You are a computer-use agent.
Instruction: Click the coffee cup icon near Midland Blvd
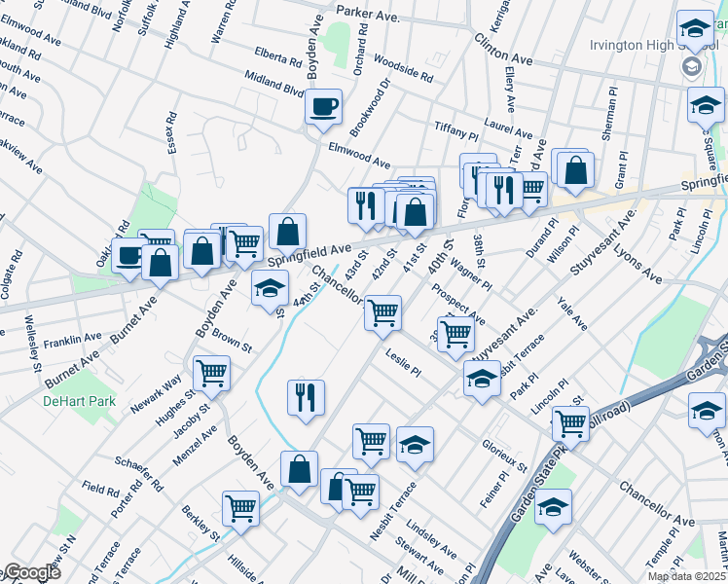pos(324,106)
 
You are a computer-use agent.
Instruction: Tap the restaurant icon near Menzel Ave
pos(306,397)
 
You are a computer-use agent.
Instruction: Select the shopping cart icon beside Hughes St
pos(211,373)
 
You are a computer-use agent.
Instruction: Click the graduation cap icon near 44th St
pos(271,288)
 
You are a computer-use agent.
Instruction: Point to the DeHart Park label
pos(79,401)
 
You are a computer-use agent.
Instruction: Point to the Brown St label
pos(232,341)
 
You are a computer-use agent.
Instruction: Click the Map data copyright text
pos(686,576)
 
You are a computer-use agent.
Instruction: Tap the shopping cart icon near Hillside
pos(240,507)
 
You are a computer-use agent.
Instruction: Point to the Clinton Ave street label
pos(504,49)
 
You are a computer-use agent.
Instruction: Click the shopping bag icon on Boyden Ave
pos(299,469)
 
